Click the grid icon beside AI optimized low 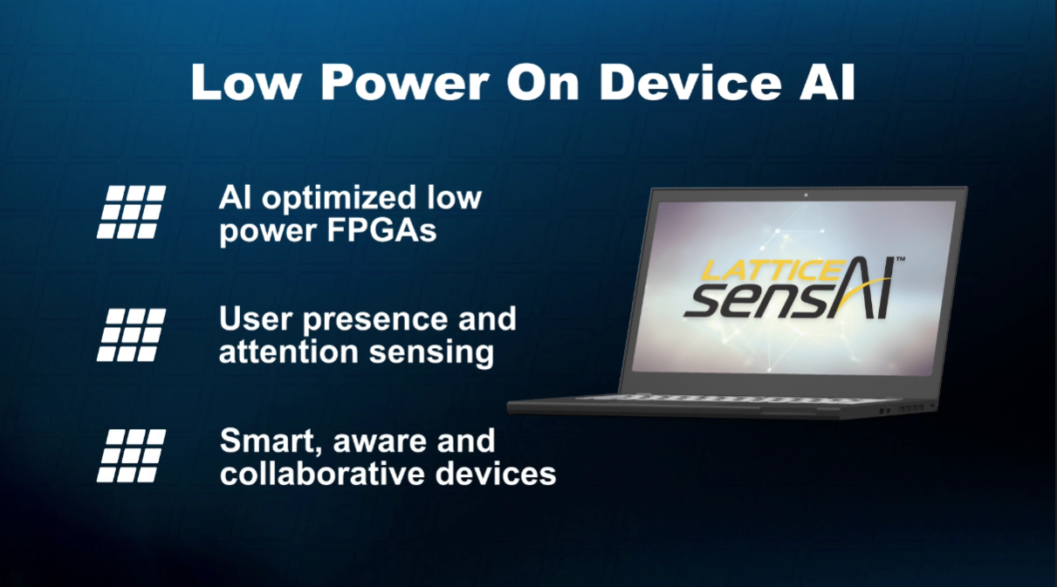(x=131, y=211)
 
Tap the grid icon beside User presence (x=131, y=334)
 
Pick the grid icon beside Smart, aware (x=131, y=455)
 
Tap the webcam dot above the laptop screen (x=805, y=194)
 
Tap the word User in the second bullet (x=253, y=320)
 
